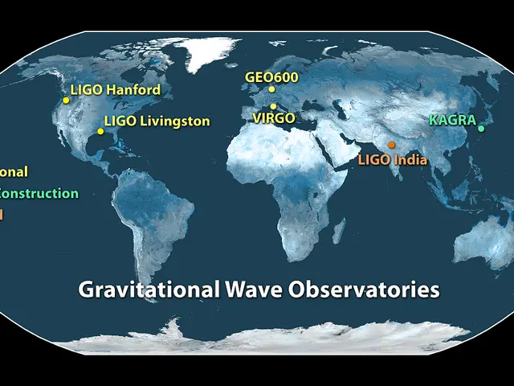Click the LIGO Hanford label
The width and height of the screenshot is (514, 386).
[x=116, y=90]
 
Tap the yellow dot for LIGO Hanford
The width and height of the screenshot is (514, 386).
[x=66, y=101]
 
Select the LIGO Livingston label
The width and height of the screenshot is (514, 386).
[x=157, y=121]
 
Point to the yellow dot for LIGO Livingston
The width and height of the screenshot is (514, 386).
[x=100, y=131]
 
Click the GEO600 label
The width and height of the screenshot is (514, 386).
[x=271, y=77]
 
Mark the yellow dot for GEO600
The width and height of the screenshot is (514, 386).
[x=272, y=89]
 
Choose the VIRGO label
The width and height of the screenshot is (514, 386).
[x=274, y=117]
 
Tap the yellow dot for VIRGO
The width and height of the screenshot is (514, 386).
[x=273, y=106]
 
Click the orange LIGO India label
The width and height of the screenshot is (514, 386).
[x=393, y=160]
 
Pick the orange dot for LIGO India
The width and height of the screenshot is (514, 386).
[x=391, y=145]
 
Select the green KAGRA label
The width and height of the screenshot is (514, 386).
[x=452, y=120]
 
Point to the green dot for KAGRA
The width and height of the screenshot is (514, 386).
[x=481, y=129]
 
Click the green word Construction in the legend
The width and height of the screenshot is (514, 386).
[x=40, y=193]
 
